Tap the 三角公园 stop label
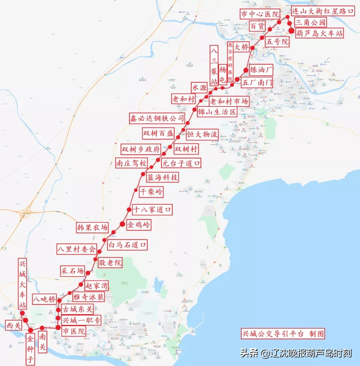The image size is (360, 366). tap(310, 22)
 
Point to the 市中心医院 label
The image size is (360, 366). tap(260, 14)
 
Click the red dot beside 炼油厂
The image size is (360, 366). tap(246, 70)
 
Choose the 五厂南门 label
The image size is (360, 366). tap(257, 82)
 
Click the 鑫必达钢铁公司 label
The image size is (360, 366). tap(157, 118)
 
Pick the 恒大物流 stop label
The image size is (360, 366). tap(202, 134)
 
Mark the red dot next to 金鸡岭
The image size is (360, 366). tap(122, 224)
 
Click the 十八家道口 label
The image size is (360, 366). tap(152, 210)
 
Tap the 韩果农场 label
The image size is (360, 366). tap(92, 227)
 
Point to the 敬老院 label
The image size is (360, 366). tap(110, 262)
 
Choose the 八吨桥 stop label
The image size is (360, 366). tap(44, 299)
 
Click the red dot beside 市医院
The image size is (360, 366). tap(58, 328)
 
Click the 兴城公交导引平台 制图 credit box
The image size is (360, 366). tap(283, 334)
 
